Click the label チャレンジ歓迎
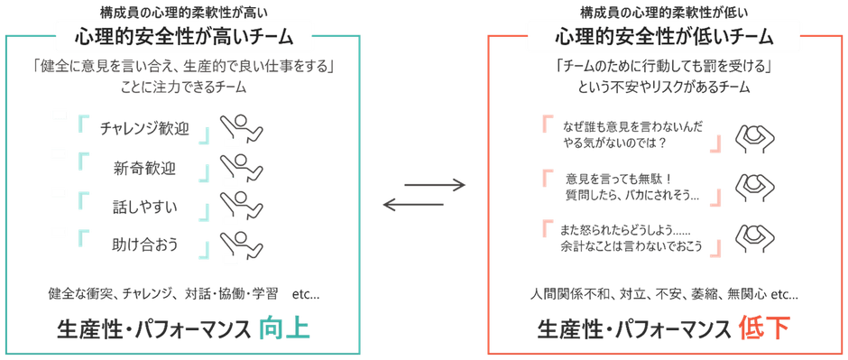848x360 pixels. click(143, 127)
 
